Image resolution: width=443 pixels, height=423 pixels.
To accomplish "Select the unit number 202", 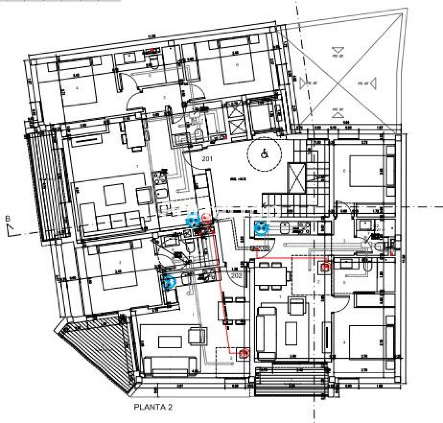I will pyautogui.click(x=236, y=276).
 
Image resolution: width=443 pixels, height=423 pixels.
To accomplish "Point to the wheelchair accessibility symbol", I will pyautogui.click(x=264, y=154).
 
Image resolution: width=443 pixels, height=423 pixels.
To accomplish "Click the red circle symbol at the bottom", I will pyautogui.click(x=244, y=354).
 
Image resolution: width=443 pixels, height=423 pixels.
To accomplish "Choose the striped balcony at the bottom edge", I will pyautogui.click(x=291, y=381).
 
